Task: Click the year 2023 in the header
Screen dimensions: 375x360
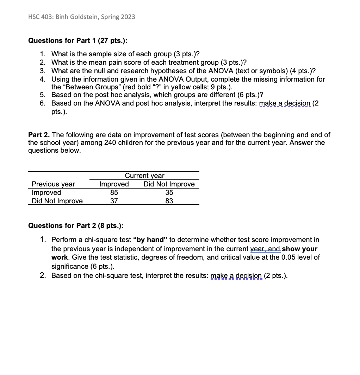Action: click(128, 17)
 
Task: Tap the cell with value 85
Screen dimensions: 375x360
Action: click(114, 192)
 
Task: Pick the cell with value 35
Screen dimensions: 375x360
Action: click(169, 192)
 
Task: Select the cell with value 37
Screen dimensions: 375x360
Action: click(114, 201)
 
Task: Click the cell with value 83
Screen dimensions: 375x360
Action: click(169, 201)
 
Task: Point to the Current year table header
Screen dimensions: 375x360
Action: click(144, 176)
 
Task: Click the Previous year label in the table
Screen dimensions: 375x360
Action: click(53, 184)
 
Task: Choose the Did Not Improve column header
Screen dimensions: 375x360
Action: click(169, 184)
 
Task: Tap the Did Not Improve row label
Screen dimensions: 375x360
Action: click(57, 201)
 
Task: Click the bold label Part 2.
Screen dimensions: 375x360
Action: click(38, 135)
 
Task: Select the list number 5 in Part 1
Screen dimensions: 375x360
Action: click(42, 95)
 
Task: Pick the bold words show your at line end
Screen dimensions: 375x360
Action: click(300, 249)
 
